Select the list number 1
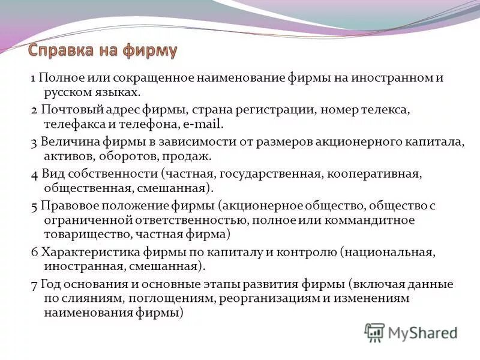point(34,79)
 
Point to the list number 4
point(34,174)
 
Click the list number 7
point(34,284)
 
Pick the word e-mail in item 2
point(203,125)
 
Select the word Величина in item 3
point(67,143)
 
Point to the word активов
point(65,157)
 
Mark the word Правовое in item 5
point(67,206)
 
